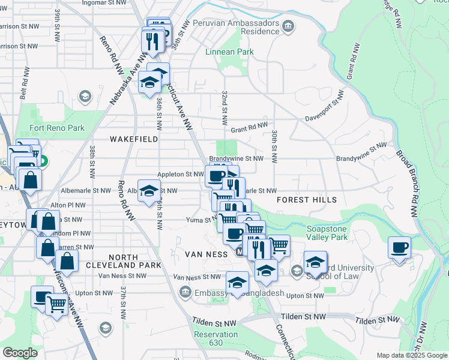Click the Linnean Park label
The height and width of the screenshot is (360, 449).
point(229,52)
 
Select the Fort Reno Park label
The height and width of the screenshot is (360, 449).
point(57,128)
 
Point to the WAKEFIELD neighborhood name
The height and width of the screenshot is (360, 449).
point(134,139)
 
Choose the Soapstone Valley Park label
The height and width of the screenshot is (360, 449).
point(327,233)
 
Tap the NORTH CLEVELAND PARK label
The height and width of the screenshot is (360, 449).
point(123,261)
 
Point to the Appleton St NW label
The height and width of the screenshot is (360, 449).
point(181,175)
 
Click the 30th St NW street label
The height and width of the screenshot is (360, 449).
point(274,147)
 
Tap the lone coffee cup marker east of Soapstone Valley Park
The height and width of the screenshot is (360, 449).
point(399,247)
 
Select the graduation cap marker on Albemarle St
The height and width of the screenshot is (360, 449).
point(149,191)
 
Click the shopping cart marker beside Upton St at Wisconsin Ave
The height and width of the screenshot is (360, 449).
point(57,304)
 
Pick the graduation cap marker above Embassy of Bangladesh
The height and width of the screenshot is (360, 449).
point(238,283)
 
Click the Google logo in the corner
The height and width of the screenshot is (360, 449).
point(20,353)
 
